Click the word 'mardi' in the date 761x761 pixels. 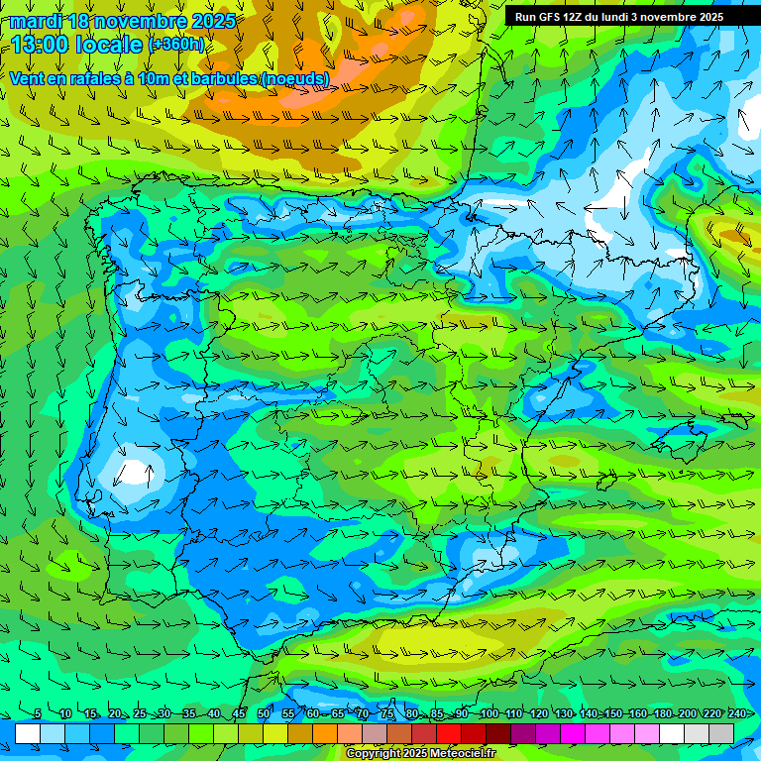(37, 21)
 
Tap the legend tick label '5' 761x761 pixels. (38, 713)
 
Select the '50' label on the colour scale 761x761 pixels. (264, 713)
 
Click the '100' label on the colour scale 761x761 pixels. (489, 713)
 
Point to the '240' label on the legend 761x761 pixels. (737, 713)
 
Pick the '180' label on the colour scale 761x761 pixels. (663, 713)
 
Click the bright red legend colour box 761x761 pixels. (449, 733)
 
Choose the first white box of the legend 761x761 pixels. (28, 733)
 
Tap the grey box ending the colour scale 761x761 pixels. (721, 733)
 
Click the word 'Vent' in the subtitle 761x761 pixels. (28, 77)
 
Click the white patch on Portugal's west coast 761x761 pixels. (132, 470)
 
